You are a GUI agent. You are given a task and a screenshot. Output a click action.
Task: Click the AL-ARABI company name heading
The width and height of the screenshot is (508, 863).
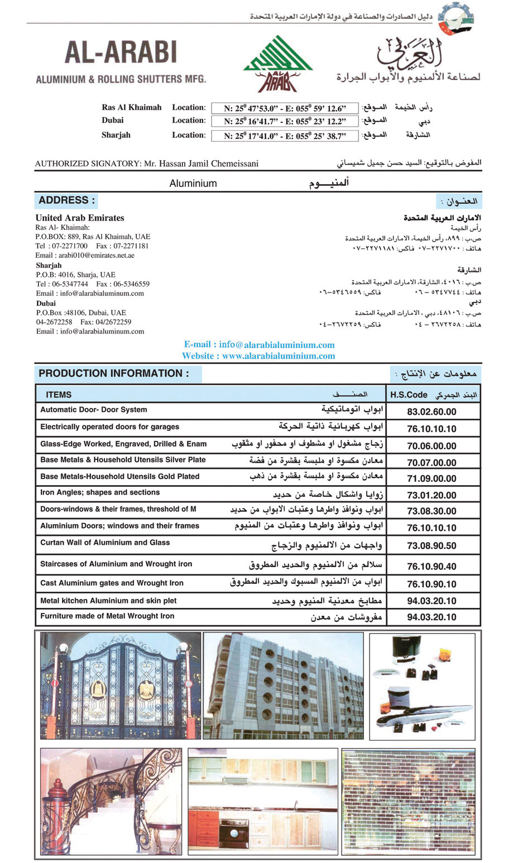pos(121,52)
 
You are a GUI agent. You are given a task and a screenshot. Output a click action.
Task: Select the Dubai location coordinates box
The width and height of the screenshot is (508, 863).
pos(285,121)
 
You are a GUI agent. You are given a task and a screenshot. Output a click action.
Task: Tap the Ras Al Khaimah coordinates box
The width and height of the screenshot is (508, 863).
pos(285,108)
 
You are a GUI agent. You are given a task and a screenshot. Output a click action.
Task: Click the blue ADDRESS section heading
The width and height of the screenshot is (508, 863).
pos(67,200)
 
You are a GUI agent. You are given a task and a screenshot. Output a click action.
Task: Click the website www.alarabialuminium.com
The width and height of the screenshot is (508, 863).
pos(278,356)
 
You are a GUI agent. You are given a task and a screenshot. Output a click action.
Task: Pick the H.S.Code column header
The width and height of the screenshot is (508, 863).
pos(409,395)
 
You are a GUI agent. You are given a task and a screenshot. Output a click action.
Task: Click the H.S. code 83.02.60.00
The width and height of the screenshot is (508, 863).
pos(432,412)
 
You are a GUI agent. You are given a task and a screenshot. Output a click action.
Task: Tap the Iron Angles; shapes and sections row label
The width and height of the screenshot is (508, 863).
pos(100,492)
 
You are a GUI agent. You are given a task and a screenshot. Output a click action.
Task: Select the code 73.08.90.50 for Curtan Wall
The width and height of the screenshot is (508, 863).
pos(432,546)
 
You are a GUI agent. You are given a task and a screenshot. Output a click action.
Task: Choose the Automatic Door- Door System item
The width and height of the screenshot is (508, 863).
pos(94,410)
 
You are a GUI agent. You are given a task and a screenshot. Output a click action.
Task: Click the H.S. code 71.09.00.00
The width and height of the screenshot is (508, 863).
pos(432,478)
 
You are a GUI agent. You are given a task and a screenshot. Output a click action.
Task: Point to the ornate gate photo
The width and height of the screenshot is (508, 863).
pos(120,686)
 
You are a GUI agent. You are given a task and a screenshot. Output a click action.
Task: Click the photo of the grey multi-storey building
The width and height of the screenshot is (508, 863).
pos(284,685)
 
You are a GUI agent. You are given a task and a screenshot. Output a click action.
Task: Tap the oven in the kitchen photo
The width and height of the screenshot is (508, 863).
pos(234,833)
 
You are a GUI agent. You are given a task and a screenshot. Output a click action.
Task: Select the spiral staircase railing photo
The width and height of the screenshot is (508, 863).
pos(111,800)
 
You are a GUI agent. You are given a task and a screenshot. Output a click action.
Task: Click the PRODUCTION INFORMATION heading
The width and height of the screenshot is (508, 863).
pos(114,373)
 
